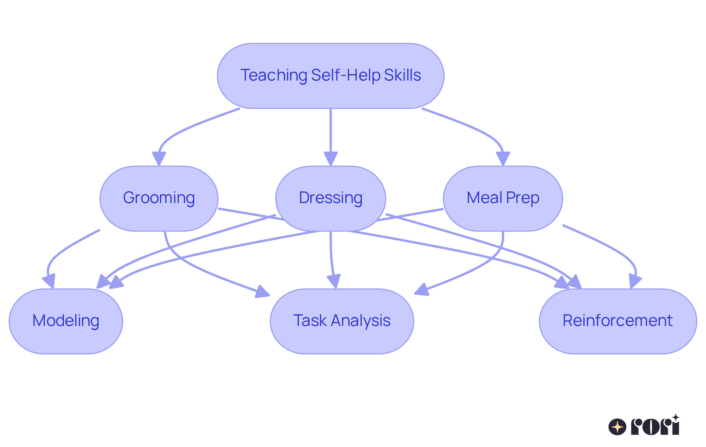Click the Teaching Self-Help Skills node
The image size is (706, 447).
tap(331, 76)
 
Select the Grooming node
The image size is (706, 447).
tap(159, 198)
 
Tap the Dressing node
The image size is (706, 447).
tap(331, 198)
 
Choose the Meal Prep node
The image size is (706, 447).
tap(503, 198)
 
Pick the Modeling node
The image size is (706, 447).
tap(66, 321)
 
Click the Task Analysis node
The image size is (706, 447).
tap(342, 321)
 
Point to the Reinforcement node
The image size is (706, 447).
tap(617, 321)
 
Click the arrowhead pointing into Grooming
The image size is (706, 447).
tap(159, 159)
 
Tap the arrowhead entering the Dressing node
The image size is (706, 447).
tap(331, 159)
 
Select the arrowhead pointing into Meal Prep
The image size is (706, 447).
tap(503, 159)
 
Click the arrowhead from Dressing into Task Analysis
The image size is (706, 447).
tap(334, 281)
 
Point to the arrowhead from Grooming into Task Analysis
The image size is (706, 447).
tap(263, 292)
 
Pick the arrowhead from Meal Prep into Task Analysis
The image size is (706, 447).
tap(421, 290)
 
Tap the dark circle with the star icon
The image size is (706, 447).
tap(617, 427)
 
